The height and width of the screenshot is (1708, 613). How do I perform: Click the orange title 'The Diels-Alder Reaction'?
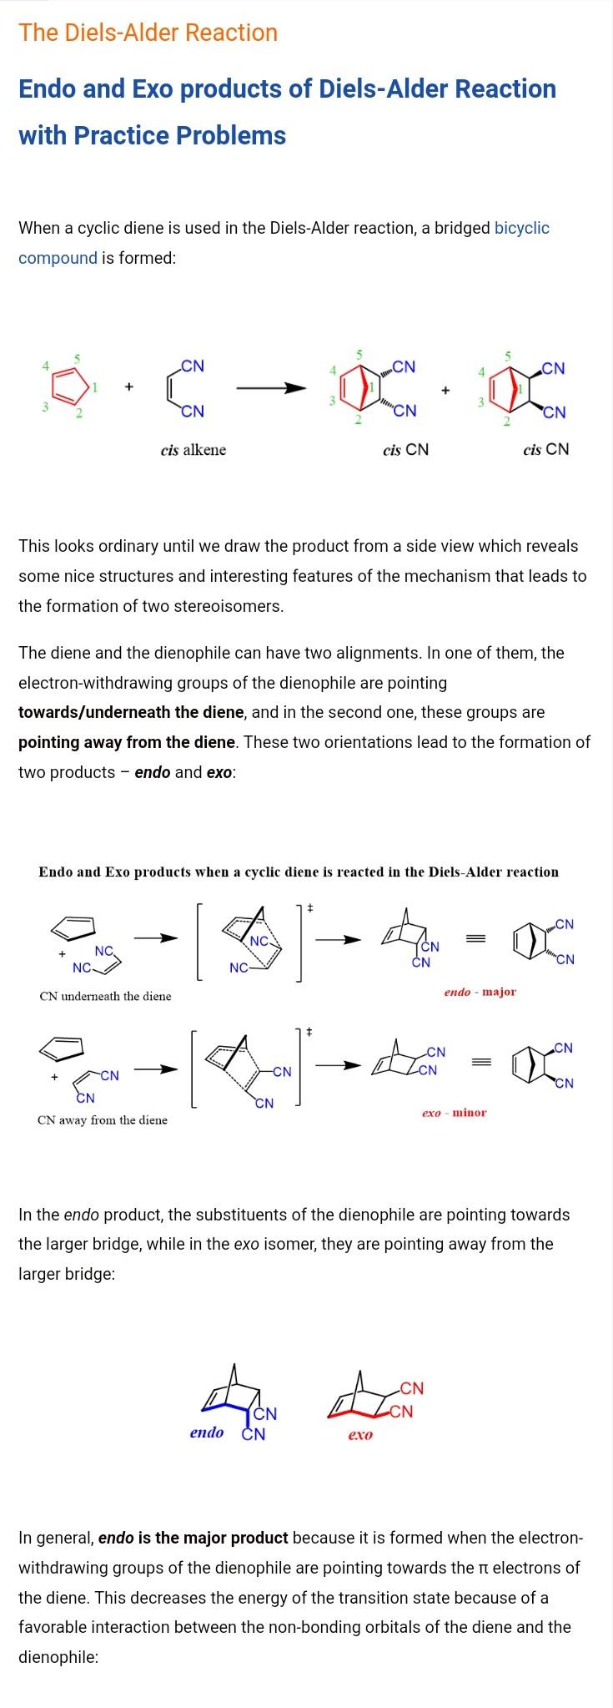pos(148,33)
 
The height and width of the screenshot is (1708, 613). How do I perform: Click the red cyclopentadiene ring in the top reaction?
pos(68,387)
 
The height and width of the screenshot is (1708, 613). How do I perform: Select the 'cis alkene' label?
pos(193,450)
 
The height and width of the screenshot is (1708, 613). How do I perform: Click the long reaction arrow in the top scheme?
pos(271,388)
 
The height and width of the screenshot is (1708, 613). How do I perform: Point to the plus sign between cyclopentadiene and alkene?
pos(128,387)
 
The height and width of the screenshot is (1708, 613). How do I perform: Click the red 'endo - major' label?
pos(480,992)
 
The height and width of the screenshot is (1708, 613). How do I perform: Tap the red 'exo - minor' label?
pos(454,1112)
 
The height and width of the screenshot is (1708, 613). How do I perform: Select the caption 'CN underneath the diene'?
pos(105,996)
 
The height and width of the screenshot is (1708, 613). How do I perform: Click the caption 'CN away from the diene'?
pos(102,1119)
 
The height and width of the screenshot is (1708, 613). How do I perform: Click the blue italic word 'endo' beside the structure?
pos(206,1433)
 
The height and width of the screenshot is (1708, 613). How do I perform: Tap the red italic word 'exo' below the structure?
pos(359,1434)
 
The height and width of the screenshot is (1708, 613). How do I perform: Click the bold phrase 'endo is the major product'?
pos(193,1538)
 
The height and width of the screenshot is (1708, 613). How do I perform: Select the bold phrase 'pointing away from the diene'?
pos(127,742)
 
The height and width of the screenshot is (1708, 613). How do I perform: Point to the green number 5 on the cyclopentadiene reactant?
pos(77,358)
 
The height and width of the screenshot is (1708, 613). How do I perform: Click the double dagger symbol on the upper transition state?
pos(309,907)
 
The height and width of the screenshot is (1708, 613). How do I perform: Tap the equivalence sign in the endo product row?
pos(475,939)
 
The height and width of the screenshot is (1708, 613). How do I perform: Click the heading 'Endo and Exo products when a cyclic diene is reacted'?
pos(298,872)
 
